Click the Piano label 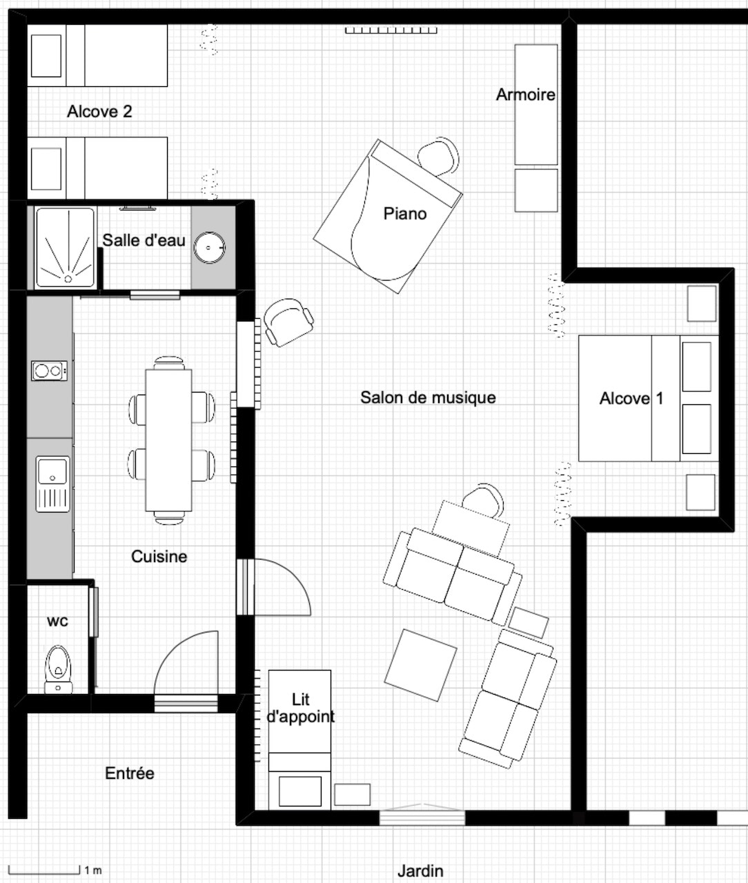405,214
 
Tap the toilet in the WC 58,669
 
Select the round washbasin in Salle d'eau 210,248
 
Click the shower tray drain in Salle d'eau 68,279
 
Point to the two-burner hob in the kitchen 49,370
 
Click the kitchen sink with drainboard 52,484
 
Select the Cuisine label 159,556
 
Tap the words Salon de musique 428,397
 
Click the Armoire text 525,95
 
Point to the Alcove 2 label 99,112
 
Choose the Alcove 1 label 631,398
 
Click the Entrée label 130,773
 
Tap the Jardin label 420,871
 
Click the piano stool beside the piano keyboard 439,157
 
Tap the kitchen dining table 168,440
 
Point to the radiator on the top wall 391,30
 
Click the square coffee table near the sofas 421,665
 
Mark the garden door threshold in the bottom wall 422,817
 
